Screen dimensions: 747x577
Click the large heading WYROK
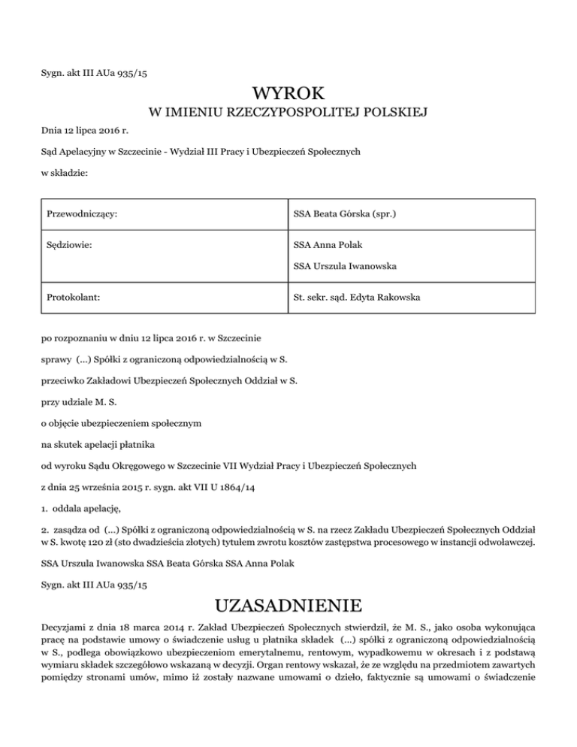click(288, 95)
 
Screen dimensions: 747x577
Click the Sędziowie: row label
click(65, 244)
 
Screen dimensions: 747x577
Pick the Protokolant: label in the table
click(71, 298)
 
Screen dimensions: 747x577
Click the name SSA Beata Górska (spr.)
click(345, 215)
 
